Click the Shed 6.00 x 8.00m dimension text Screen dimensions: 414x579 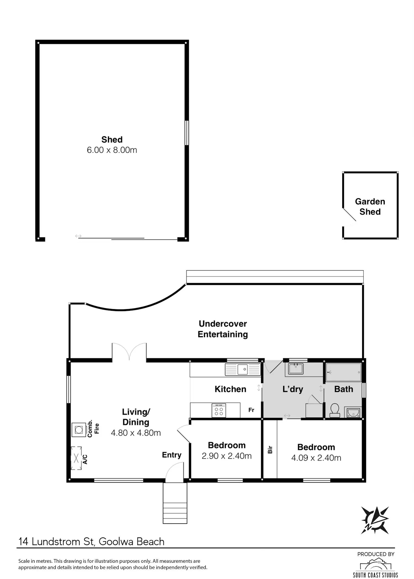coord(112,150)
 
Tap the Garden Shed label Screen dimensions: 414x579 coord(370,207)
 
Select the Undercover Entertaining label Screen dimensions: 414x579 coord(223,329)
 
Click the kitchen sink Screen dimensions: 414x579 coord(243,369)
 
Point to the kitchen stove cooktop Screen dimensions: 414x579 coord(219,410)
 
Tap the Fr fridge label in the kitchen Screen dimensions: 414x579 coord(251,410)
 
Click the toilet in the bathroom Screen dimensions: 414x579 coord(335,411)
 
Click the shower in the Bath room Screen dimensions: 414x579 coord(344,372)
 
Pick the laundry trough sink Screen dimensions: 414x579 coord(296,369)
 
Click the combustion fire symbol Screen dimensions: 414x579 coord(79,430)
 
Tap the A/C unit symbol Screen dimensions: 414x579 coord(76,458)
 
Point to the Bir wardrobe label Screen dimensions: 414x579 coord(270,449)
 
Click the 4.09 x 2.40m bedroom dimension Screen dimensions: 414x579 coord(316,458)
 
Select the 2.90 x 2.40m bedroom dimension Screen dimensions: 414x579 coord(227,456)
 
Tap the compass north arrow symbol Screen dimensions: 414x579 coord(375,520)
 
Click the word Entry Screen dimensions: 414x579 coord(172,455)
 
